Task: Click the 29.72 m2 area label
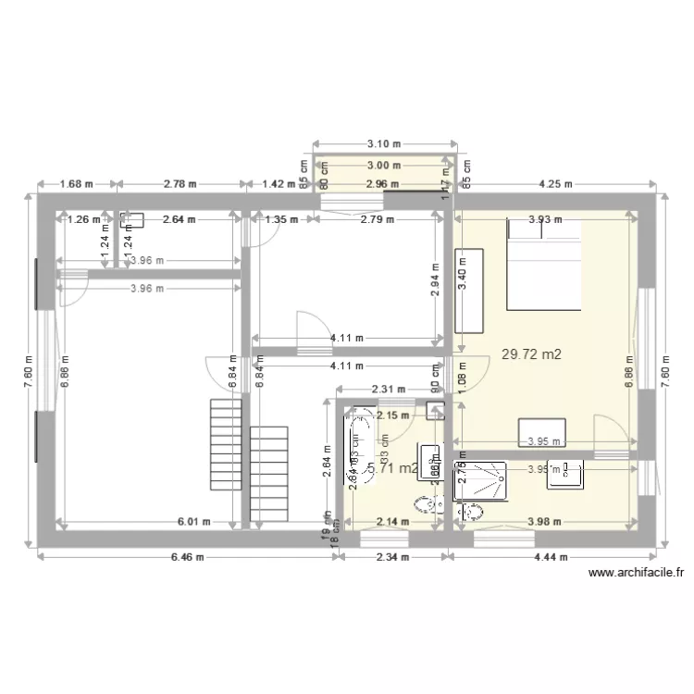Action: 531,353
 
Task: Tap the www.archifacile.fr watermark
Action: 638,574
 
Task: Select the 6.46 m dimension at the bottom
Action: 189,557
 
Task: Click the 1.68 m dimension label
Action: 77,183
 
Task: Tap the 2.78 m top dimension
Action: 180,183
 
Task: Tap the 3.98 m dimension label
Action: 542,522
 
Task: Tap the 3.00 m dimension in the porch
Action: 383,166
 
